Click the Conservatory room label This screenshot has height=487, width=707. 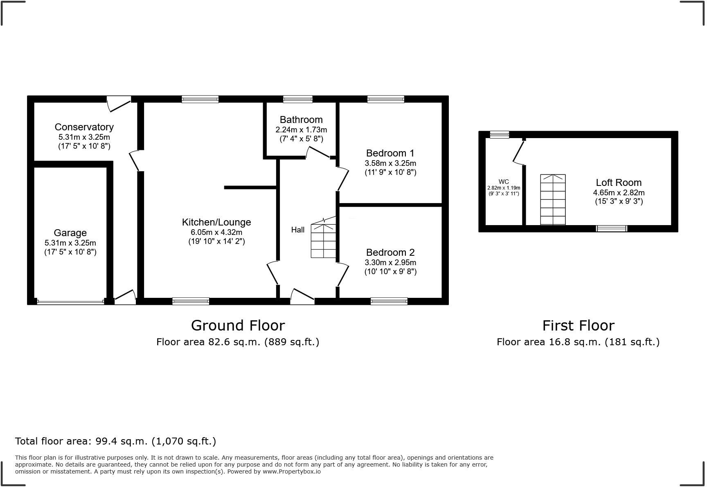pyautogui.click(x=84, y=127)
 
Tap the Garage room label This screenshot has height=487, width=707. pyautogui.click(x=70, y=233)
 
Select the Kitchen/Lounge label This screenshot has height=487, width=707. pyautogui.click(x=216, y=222)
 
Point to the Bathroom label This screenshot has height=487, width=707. pyautogui.click(x=301, y=120)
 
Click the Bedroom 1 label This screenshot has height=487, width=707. pyautogui.click(x=390, y=153)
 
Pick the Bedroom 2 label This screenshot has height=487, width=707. pyautogui.click(x=390, y=252)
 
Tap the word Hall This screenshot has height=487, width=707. pyautogui.click(x=297, y=230)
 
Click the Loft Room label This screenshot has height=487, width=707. pyautogui.click(x=618, y=183)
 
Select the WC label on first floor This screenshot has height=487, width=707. pyautogui.click(x=504, y=182)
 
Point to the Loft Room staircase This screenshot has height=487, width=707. pyautogui.click(x=553, y=200)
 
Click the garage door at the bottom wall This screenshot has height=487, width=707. pyautogui.click(x=70, y=302)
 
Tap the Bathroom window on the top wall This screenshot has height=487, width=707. pyautogui.click(x=298, y=99)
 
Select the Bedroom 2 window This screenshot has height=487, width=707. pyautogui.click(x=389, y=302)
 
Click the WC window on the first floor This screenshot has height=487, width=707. pyautogui.click(x=500, y=134)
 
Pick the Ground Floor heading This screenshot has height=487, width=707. pyautogui.click(x=238, y=326)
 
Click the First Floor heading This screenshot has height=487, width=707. pyautogui.click(x=578, y=326)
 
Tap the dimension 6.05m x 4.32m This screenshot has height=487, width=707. pyautogui.click(x=216, y=232)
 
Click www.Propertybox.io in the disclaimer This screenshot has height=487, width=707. pyautogui.click(x=291, y=471)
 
